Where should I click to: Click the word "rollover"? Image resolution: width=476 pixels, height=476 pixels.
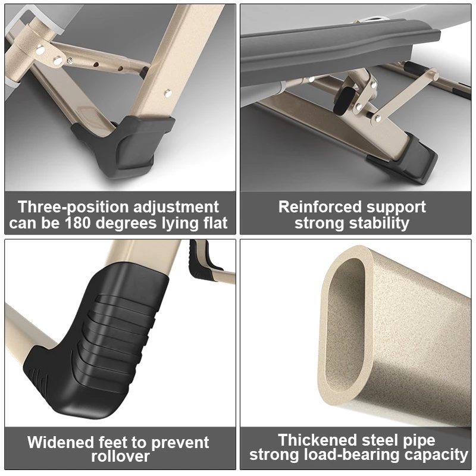[x=121, y=456]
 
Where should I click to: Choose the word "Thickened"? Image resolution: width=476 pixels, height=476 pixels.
[x=318, y=440]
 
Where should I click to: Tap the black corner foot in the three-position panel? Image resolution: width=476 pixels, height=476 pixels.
[x=124, y=145]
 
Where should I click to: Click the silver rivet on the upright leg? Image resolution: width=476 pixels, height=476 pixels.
[x=167, y=92]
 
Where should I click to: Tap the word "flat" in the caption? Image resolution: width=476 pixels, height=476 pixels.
[x=215, y=223]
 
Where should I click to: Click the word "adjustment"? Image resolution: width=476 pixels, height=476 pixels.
[x=176, y=208]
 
